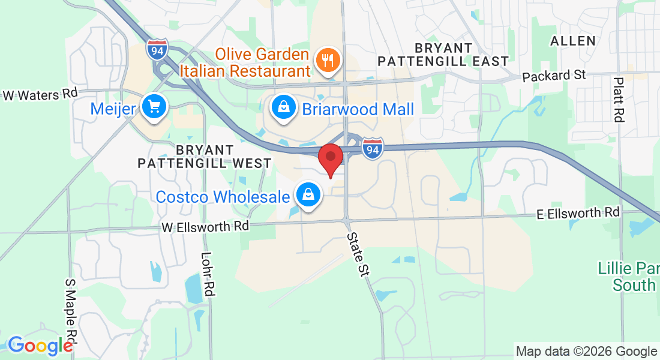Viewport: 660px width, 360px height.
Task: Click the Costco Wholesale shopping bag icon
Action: point(308,195)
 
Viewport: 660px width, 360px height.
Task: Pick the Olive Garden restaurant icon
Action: point(328,60)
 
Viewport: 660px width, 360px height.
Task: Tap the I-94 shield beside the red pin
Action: point(373,149)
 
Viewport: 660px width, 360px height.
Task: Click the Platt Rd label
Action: point(618,100)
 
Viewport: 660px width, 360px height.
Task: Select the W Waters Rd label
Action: point(41,94)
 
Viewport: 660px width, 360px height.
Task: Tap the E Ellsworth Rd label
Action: point(578,212)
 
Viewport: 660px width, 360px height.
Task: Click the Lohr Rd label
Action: point(209,273)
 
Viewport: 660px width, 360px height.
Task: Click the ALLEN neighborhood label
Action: point(574,41)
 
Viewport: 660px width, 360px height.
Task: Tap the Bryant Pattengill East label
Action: point(443,54)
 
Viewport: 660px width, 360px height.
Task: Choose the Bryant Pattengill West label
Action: point(205,156)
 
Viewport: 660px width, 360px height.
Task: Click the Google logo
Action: point(40,345)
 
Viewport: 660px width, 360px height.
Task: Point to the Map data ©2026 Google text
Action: point(586,351)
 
